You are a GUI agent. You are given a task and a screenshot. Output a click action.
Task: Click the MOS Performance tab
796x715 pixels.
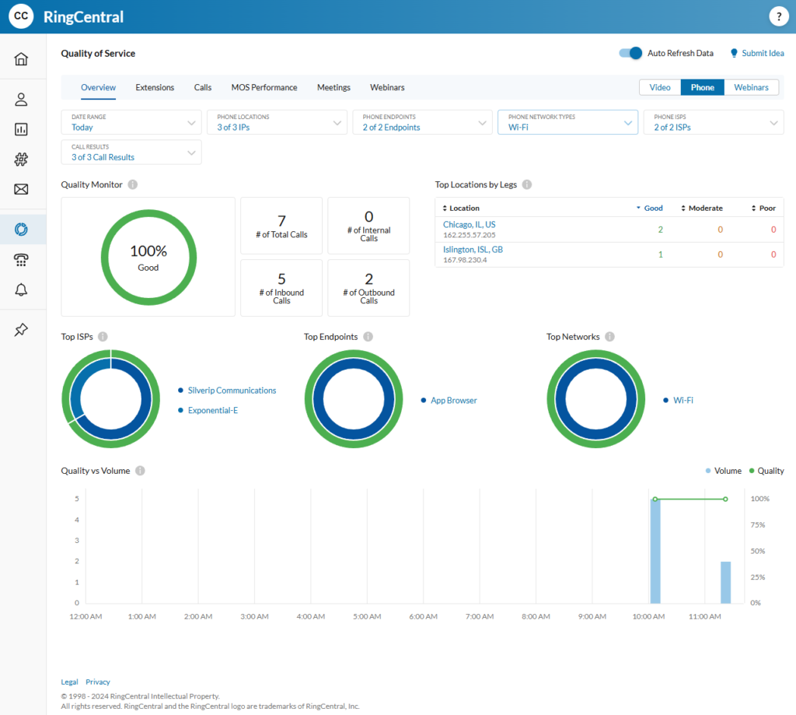tap(264, 87)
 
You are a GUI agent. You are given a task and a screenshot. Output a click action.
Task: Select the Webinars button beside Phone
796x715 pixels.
tap(751, 87)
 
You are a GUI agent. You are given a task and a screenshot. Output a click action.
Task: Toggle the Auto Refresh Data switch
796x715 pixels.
tap(630, 53)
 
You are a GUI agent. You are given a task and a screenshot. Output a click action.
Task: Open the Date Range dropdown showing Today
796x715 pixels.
tap(131, 122)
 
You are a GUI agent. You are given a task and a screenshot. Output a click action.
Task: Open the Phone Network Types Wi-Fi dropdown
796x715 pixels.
tap(567, 122)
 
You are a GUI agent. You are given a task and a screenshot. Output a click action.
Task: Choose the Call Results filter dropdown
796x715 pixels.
tap(131, 152)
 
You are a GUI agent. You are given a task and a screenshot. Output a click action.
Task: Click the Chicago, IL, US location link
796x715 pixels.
tap(469, 224)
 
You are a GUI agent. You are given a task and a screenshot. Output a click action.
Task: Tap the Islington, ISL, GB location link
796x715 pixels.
tap(473, 249)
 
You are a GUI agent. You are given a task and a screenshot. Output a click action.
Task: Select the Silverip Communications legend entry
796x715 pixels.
tap(232, 390)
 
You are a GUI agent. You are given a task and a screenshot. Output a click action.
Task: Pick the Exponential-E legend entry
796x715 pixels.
tap(212, 410)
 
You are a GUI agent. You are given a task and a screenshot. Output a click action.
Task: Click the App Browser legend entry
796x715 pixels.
tap(453, 400)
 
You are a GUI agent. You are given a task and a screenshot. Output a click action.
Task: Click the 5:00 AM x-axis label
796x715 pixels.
tap(365, 616)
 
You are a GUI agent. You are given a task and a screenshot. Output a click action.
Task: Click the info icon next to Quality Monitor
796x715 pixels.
tap(133, 184)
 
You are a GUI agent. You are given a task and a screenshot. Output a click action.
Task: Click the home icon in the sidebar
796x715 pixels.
tap(22, 59)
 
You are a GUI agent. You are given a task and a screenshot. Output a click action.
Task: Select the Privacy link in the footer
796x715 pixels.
tap(98, 682)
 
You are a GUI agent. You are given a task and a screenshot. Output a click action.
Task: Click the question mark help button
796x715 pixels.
tap(778, 16)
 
